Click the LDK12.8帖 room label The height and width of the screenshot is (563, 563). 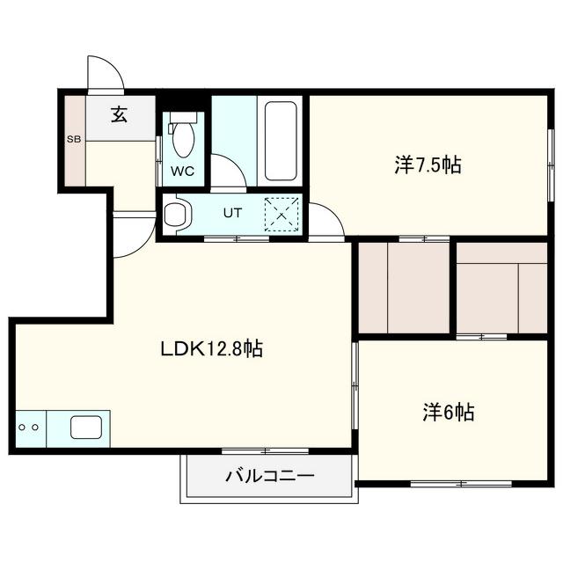(211, 348)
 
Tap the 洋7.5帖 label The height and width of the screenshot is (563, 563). (428, 165)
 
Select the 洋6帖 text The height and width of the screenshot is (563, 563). (449, 413)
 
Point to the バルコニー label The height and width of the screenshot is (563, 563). (270, 476)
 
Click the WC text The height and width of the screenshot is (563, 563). (182, 172)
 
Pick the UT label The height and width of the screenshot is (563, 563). (232, 213)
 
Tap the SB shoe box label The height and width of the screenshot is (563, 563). (74, 139)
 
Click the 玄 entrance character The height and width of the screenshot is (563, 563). (120, 114)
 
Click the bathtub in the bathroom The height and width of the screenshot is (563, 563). (281, 141)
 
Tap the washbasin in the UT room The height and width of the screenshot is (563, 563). (177, 215)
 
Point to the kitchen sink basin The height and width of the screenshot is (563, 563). (86, 428)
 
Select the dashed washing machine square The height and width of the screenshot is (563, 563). (281, 215)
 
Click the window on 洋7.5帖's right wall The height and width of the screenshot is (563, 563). (551, 165)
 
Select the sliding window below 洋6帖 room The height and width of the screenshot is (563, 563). (461, 484)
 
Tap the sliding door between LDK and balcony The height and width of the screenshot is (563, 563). (265, 451)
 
